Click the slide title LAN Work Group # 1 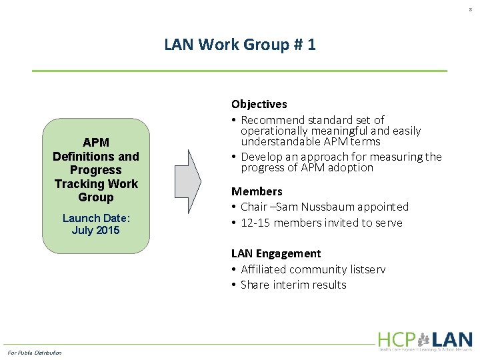240,45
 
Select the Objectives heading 259,104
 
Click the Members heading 257,191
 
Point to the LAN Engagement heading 276,253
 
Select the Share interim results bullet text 293,285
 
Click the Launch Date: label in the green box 95,218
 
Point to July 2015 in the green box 95,231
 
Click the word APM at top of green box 95,143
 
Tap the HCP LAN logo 425,341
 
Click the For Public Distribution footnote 34,353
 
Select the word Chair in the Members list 254,207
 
